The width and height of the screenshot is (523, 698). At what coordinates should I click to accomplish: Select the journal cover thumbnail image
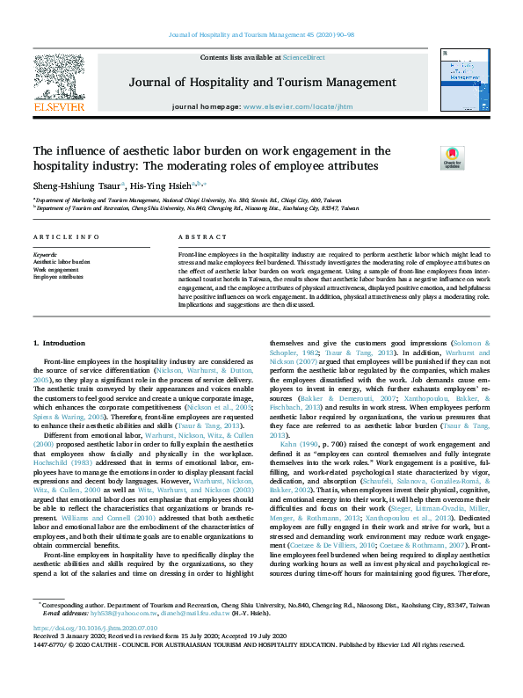pos(459,81)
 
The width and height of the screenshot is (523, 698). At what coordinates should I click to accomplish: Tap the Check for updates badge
pos(452,158)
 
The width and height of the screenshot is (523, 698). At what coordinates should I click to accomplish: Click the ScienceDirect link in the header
pos(302,58)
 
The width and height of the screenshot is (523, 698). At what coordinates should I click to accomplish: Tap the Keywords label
pos(44,254)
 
